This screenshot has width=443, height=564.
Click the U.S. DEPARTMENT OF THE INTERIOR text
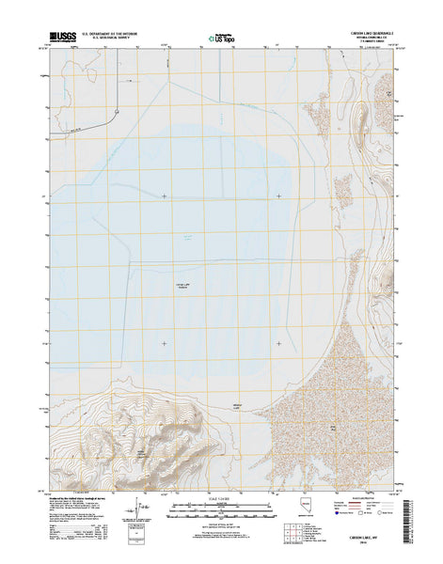[x=110, y=34]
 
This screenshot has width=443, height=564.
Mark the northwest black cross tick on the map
[x=165, y=196]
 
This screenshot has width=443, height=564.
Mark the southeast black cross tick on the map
[x=278, y=343]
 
